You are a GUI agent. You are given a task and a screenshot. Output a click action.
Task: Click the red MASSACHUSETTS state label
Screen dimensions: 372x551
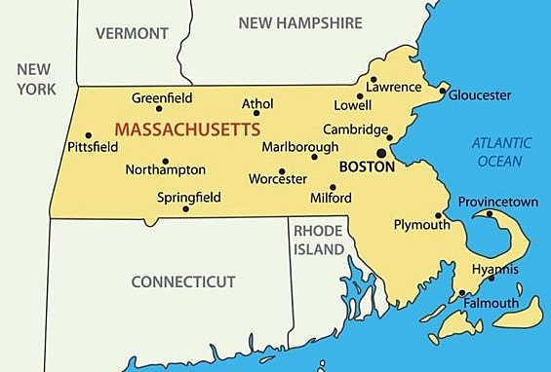187,129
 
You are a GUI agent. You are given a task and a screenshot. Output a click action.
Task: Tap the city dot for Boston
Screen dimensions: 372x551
381,152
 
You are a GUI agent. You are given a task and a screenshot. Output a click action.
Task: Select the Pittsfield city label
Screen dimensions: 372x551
93,148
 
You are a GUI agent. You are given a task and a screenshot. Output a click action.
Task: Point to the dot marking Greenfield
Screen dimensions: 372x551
158,109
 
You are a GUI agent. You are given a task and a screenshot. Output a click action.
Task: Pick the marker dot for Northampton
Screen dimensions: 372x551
165,161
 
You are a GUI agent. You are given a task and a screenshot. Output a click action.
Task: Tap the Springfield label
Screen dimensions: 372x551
188,197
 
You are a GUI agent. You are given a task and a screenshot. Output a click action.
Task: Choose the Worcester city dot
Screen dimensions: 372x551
282,171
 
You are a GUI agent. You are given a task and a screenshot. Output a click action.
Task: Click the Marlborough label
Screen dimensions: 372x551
300,147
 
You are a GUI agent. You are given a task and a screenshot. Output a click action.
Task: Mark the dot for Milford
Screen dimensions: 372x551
333,187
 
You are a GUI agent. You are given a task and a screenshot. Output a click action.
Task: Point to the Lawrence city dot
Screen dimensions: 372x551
373,80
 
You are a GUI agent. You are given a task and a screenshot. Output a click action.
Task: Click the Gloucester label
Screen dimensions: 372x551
480,94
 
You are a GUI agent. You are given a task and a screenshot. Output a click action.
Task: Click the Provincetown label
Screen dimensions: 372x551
498,202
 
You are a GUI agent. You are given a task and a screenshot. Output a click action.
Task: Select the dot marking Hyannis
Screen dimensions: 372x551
492,279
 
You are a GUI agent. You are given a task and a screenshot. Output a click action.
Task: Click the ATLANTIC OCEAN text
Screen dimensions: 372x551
501,152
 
